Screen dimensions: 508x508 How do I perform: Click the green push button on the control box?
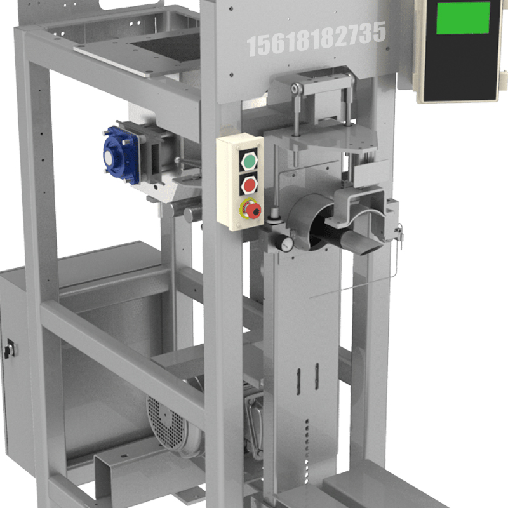249,161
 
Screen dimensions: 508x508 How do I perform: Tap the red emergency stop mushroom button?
252,210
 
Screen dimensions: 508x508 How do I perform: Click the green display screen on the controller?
463,18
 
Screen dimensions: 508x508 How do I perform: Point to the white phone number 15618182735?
316,39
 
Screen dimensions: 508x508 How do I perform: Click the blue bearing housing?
121,156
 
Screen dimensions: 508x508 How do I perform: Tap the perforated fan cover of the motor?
166,421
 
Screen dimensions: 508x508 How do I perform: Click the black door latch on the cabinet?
9,349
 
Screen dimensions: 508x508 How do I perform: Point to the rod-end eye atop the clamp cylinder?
297,89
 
